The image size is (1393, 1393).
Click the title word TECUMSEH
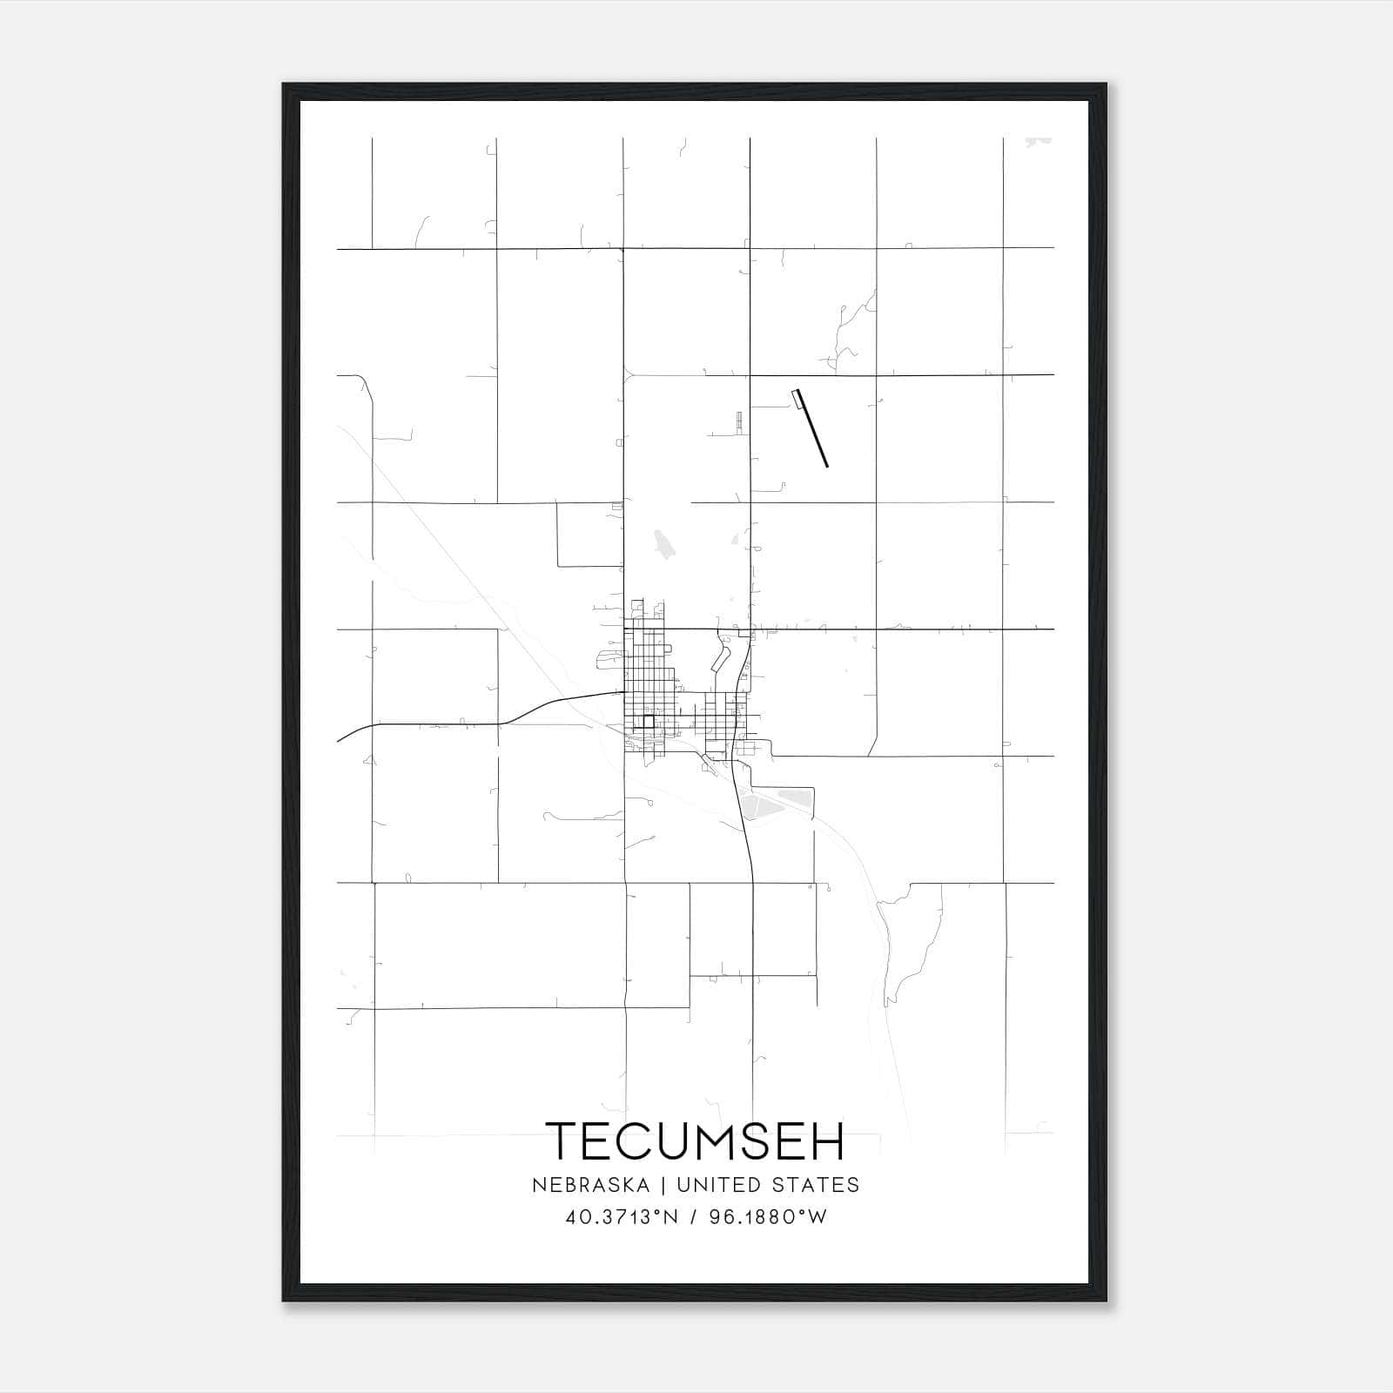click(696, 1141)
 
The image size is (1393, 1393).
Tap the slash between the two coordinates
click(694, 1217)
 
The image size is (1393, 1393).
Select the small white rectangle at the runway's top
click(794, 398)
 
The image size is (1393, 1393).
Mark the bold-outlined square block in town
click(647, 722)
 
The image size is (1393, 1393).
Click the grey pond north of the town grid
click(663, 547)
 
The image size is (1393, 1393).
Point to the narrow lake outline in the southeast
click(905, 940)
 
